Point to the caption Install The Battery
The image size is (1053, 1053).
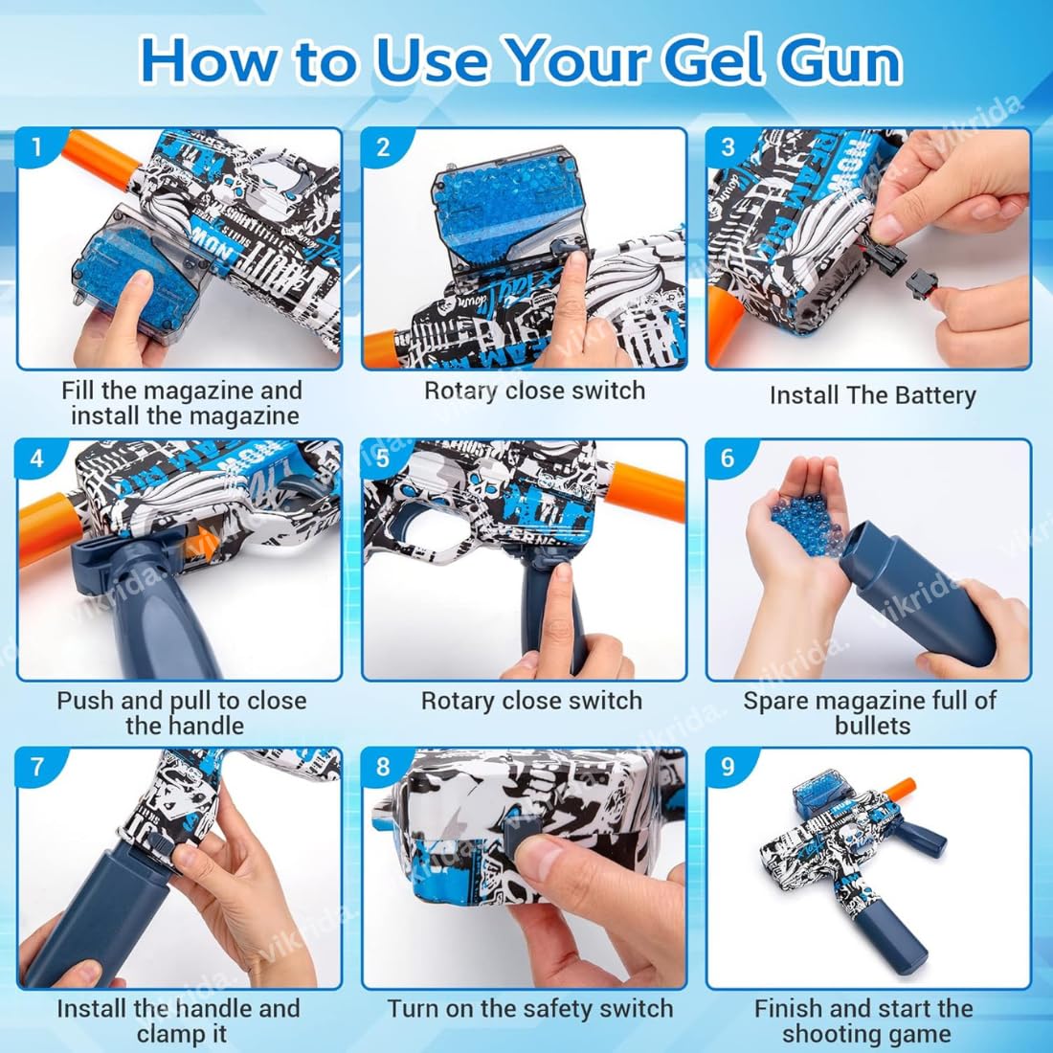pyautogui.click(x=872, y=395)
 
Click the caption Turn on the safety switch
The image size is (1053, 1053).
pyautogui.click(x=530, y=1009)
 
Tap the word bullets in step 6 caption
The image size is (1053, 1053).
pyautogui.click(x=872, y=726)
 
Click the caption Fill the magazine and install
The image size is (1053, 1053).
pyautogui.click(x=182, y=403)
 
